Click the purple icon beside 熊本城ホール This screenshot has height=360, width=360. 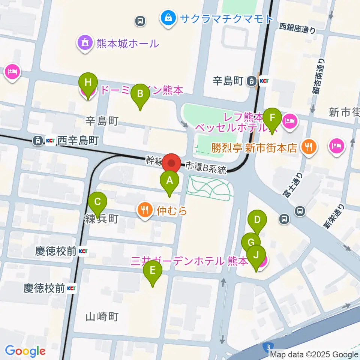(x=85, y=43)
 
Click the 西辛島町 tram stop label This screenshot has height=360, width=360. (x=78, y=141)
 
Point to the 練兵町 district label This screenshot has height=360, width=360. (x=103, y=219)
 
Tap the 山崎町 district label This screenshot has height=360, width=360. (x=102, y=317)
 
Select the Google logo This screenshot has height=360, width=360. (x=25, y=351)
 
